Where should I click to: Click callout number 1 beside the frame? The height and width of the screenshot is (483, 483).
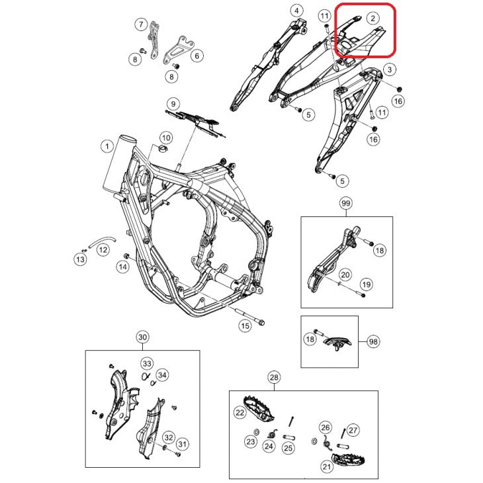tap(106, 145)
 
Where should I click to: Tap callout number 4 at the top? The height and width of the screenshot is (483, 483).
tap(296, 11)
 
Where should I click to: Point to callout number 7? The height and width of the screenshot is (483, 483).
tap(141, 25)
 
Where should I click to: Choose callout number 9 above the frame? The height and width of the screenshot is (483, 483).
tap(172, 104)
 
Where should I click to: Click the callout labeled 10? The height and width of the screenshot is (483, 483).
tap(165, 138)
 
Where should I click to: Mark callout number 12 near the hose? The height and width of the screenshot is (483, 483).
tap(103, 250)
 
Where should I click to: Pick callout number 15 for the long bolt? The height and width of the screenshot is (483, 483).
tap(245, 325)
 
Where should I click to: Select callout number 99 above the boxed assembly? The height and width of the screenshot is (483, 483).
tap(345, 203)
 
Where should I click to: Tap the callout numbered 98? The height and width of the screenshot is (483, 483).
tap(374, 341)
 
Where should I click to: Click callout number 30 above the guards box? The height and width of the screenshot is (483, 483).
tap(142, 337)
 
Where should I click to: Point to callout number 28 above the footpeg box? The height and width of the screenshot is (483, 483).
tap(275, 378)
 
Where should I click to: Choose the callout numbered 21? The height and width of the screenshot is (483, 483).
tap(326, 466)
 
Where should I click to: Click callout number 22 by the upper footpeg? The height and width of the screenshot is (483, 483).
tap(240, 412)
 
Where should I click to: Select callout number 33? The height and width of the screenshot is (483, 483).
tap(146, 363)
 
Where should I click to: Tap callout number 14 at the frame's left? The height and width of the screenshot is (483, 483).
tap(122, 267)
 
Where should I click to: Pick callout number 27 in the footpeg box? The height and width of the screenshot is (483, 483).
tap(353, 430)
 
